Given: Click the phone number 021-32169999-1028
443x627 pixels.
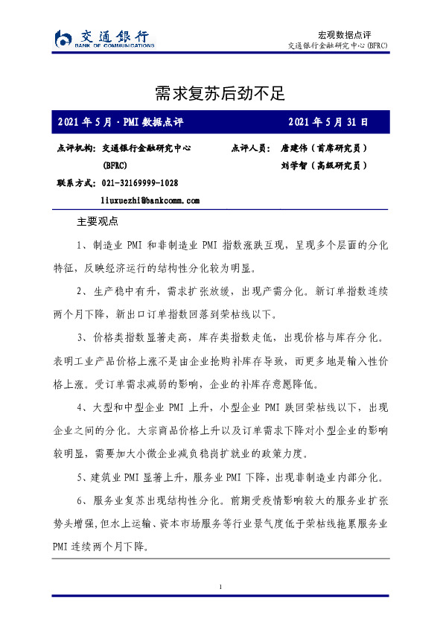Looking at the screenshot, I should point(139,182).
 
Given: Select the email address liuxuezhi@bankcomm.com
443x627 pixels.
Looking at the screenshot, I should point(150,200).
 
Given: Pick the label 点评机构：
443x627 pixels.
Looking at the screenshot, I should point(76,148).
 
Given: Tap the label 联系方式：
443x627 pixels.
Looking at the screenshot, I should point(76,182).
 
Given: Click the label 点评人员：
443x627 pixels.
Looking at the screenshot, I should point(252,148).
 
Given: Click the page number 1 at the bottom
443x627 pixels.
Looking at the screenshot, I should point(221,588).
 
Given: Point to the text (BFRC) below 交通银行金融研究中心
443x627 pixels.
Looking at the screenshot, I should point(115,165).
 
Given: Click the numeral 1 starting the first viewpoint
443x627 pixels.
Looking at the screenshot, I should point(79,245).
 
